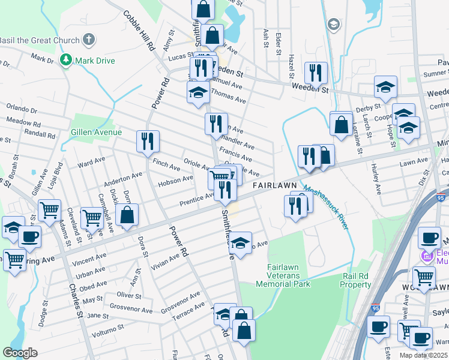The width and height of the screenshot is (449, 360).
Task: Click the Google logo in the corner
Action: click(20, 353)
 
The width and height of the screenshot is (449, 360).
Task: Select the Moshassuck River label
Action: click(326, 207)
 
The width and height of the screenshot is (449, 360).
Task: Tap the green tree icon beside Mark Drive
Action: click(65, 61)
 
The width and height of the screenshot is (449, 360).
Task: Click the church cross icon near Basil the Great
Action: click(89, 40)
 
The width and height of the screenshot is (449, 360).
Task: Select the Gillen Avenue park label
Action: click(96, 132)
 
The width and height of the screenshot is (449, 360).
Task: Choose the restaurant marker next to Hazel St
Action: click(315, 73)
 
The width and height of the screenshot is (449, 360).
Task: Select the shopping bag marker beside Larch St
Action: click(341, 125)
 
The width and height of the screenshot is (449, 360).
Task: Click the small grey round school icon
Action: click(333, 24)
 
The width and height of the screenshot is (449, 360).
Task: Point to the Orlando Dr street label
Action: click(22, 110)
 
